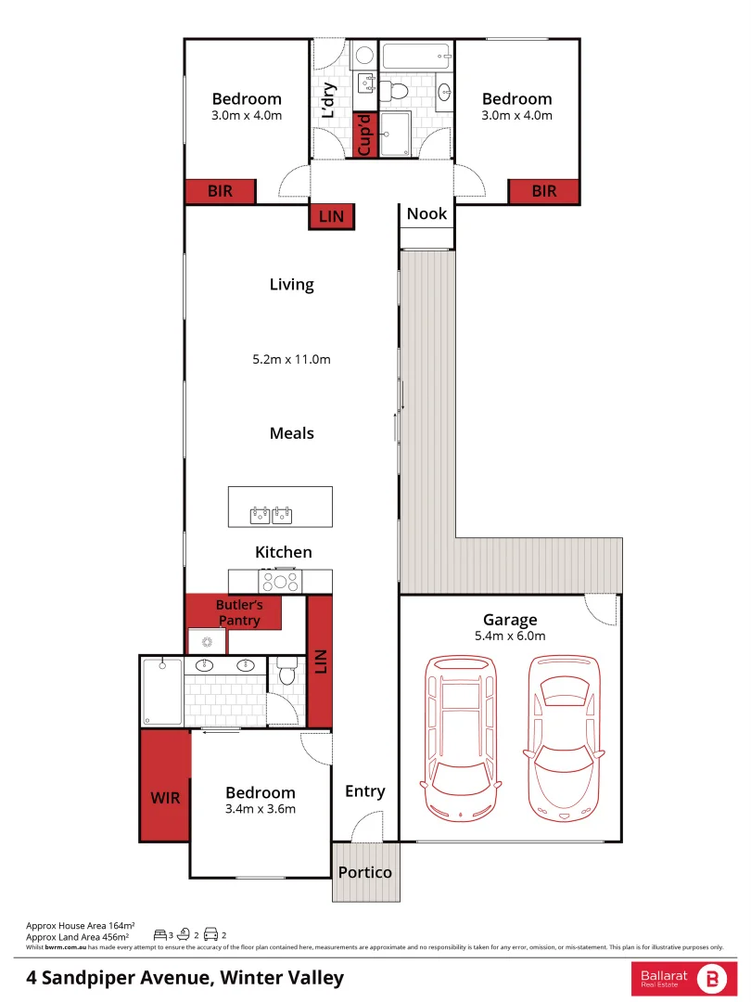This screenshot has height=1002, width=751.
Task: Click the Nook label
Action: pyautogui.click(x=426, y=213)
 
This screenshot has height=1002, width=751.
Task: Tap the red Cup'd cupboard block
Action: pyautogui.click(x=365, y=135)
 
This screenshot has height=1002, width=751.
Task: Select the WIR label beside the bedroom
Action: pyautogui.click(x=165, y=797)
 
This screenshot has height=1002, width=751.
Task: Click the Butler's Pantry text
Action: pyautogui.click(x=239, y=612)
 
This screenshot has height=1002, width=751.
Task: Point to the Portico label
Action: pyautogui.click(x=364, y=872)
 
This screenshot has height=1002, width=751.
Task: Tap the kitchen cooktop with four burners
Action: pyautogui.click(x=280, y=582)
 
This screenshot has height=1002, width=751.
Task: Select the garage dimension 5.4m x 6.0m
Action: pyautogui.click(x=510, y=636)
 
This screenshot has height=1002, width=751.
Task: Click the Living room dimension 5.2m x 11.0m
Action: pyautogui.click(x=291, y=358)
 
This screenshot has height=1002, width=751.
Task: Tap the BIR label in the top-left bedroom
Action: pyautogui.click(x=220, y=191)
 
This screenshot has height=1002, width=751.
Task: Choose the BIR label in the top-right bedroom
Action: pyautogui.click(x=544, y=191)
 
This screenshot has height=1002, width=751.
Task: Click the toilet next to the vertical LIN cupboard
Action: pyautogui.click(x=286, y=674)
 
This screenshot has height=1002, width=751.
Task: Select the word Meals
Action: pyautogui.click(x=291, y=433)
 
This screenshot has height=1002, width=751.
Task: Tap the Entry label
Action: pyautogui.click(x=364, y=790)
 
